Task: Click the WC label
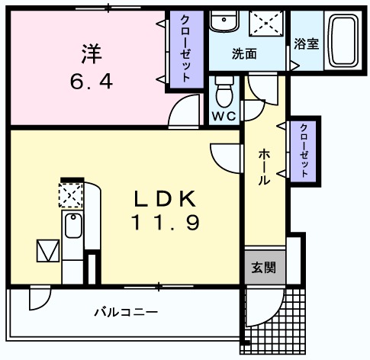coord(224,116)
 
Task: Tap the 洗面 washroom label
coord(244,54)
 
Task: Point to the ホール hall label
coord(263,167)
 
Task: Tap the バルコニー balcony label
coord(126,311)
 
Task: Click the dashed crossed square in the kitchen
coord(71,194)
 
